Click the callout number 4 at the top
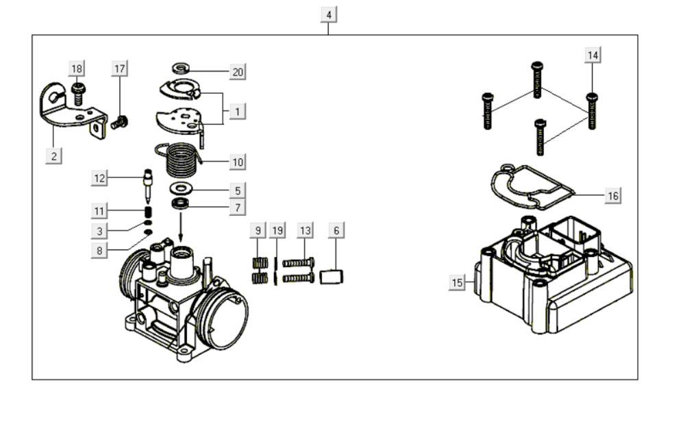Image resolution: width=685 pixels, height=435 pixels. coord(329,14)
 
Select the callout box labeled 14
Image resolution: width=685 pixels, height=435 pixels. coord(593,55)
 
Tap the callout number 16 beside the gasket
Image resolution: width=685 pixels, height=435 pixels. coord(613,196)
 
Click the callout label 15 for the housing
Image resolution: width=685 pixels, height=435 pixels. coord(457,282)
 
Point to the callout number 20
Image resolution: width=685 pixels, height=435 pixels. coord(238,72)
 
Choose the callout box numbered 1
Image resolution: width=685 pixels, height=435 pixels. coord(238,110)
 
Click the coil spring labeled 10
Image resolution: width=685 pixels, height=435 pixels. coord(182,160)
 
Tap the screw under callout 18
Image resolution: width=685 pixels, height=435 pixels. coord(77,94)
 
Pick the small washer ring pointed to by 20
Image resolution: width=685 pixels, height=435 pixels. coord(182,69)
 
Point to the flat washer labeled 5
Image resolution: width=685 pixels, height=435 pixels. coord(182,188)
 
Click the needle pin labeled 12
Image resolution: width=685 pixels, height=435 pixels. coord(147,186)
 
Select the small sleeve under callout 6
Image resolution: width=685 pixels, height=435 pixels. coord(332,277)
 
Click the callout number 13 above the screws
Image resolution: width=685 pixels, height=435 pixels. coord(305,231)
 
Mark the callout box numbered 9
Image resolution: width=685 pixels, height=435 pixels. coord(258,231)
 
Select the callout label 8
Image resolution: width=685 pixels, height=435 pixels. coord(99,251)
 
